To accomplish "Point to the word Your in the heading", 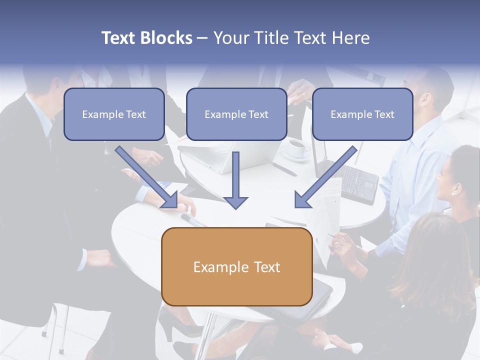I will tap(231, 38).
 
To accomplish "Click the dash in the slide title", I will tap(202, 38).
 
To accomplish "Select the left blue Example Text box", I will tap(114, 114).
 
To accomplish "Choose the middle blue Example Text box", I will tap(236, 114).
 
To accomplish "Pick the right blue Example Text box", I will tap(362, 114).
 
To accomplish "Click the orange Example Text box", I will tap(236, 266).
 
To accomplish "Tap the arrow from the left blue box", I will tap(146, 176).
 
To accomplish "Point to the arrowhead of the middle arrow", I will tap(235, 202).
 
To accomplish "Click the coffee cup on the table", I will tap(298, 147).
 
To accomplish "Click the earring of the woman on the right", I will tap(454, 191).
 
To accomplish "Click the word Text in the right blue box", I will tap(384, 114).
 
